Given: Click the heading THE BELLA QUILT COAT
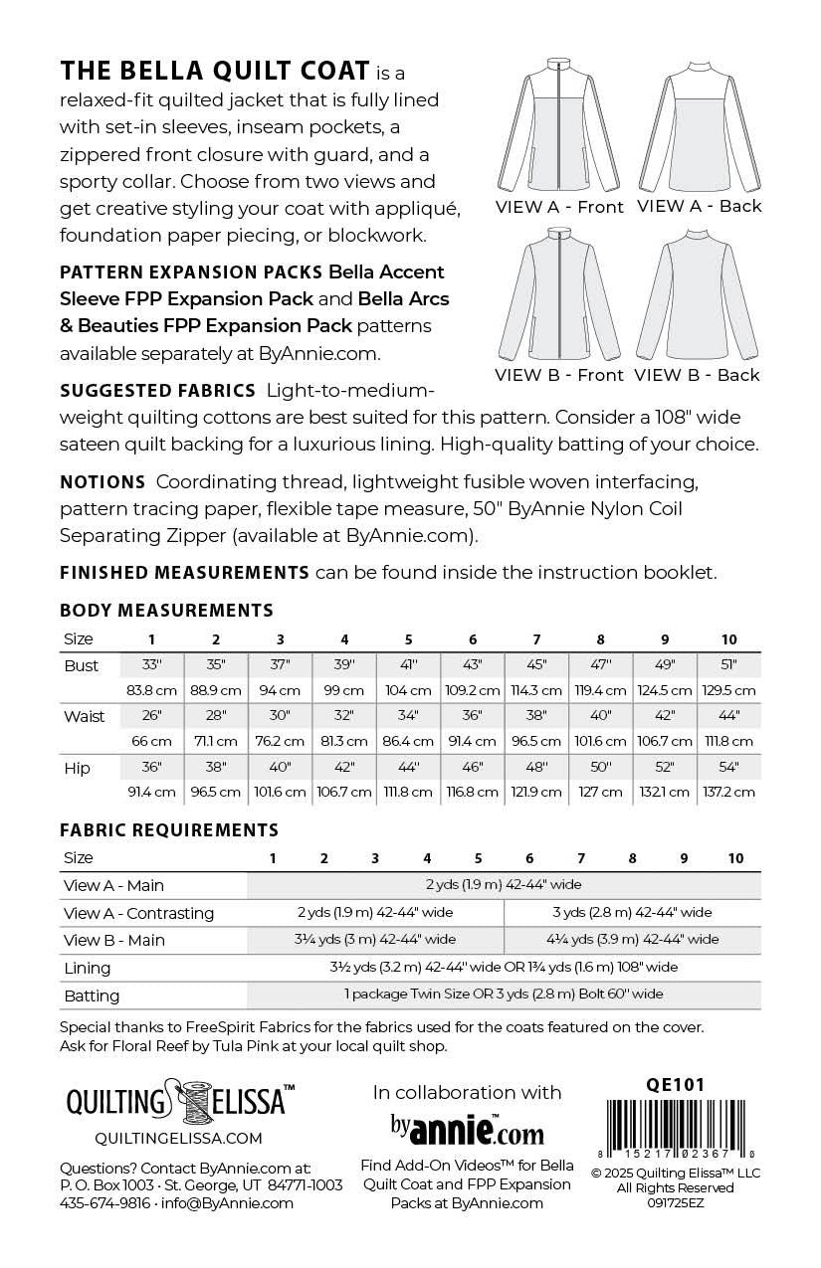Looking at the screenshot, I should coord(215,72).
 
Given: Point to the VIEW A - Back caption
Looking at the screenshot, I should coord(699,207).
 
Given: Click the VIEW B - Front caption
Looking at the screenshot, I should coord(559,376).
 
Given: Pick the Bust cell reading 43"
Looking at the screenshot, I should coord(473,665).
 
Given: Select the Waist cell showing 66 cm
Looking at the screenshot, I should coord(152,741).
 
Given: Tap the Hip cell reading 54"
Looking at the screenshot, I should coord(728,768).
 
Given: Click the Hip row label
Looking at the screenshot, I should coord(78,769).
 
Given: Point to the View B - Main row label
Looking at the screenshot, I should coord(113,940).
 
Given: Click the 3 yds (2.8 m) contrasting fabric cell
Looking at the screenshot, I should coord(632,912).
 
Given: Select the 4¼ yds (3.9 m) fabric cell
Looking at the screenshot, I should coord(632,939).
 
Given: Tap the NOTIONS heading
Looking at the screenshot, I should coord(103,482).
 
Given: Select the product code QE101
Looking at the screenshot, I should coord(676,1085).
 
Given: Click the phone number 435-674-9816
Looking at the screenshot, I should coord(104,1203).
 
